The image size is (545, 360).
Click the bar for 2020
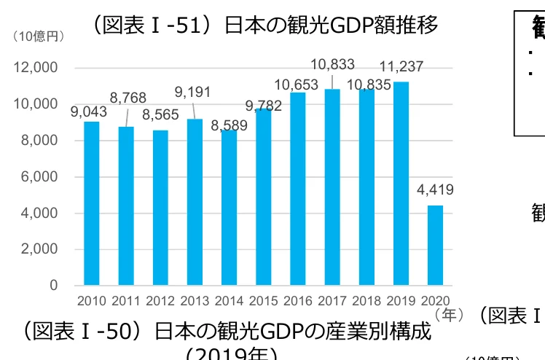(435, 245)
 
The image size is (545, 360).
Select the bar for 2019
(401, 183)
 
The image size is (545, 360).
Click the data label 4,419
(435, 191)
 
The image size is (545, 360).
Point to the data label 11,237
(401, 67)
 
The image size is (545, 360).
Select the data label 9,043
(89, 111)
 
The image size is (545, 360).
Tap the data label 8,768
(128, 98)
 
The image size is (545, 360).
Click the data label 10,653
(298, 85)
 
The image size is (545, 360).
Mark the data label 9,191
(193, 92)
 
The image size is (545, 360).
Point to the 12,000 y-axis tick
(36, 68)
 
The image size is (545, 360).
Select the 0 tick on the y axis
(54, 286)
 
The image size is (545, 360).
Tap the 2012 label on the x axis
(160, 300)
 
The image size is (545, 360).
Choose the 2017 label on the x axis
(332, 300)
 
